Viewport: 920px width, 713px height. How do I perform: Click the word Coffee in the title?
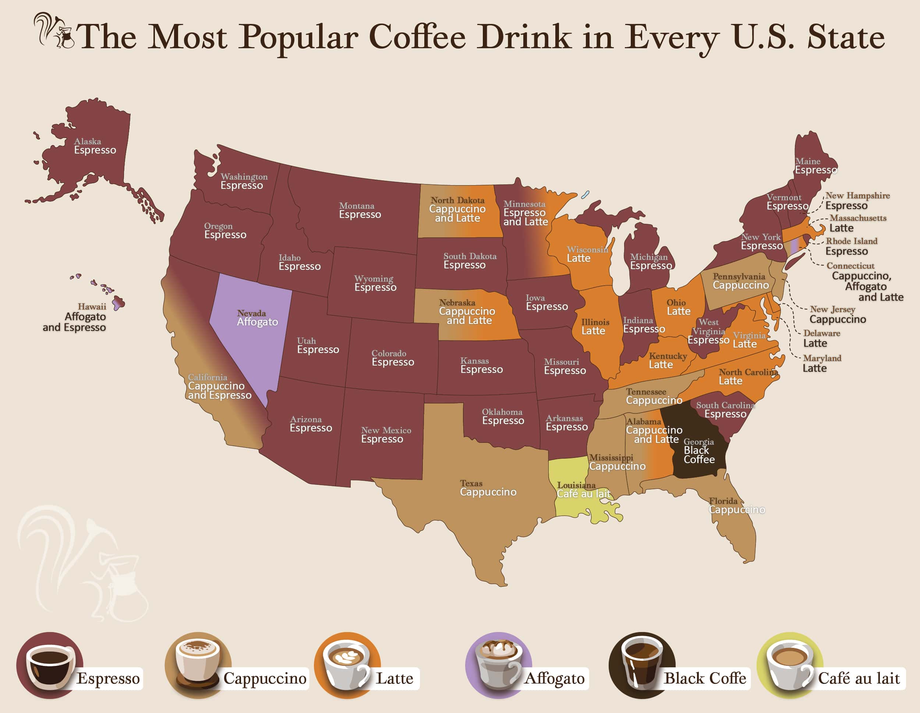417,37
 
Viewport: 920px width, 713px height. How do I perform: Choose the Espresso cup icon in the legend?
49,665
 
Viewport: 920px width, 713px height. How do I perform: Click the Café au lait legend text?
859,678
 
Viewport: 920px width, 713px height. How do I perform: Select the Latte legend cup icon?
347,665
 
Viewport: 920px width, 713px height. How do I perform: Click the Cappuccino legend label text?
265,678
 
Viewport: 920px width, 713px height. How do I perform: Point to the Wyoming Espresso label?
375,283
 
